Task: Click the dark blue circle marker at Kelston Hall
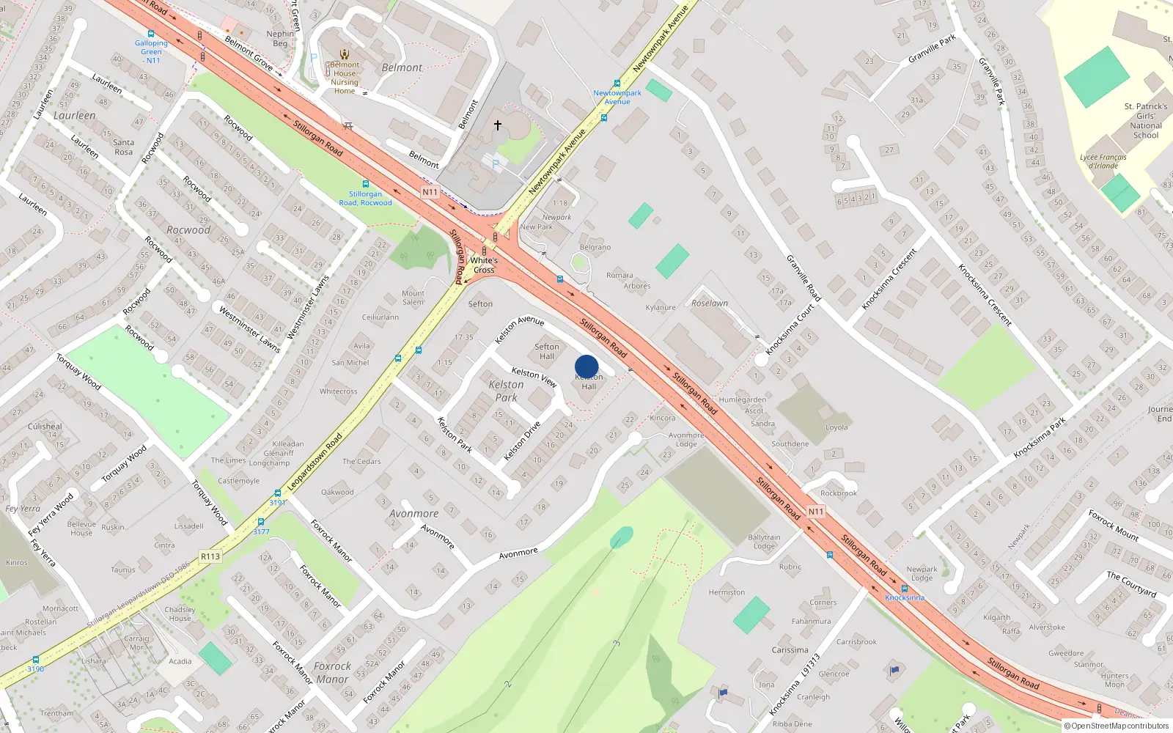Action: [x=586, y=366]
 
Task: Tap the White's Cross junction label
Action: [x=484, y=265]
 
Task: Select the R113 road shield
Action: [x=210, y=556]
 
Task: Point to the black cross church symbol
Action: [x=498, y=125]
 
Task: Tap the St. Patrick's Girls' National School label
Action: [x=1146, y=120]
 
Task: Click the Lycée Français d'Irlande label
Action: [x=1103, y=161]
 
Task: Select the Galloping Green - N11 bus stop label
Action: [x=152, y=51]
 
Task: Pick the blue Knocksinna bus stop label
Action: [x=904, y=597]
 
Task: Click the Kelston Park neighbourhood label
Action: [x=506, y=391]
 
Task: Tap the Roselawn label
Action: [x=710, y=303]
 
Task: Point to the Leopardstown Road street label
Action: [x=315, y=462]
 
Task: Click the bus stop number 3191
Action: [x=277, y=503]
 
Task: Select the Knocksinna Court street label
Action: [x=790, y=329]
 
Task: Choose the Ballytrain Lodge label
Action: [x=764, y=542]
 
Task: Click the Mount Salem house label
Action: [x=413, y=298]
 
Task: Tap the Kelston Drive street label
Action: [x=522, y=441]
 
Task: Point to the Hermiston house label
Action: [x=727, y=592]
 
